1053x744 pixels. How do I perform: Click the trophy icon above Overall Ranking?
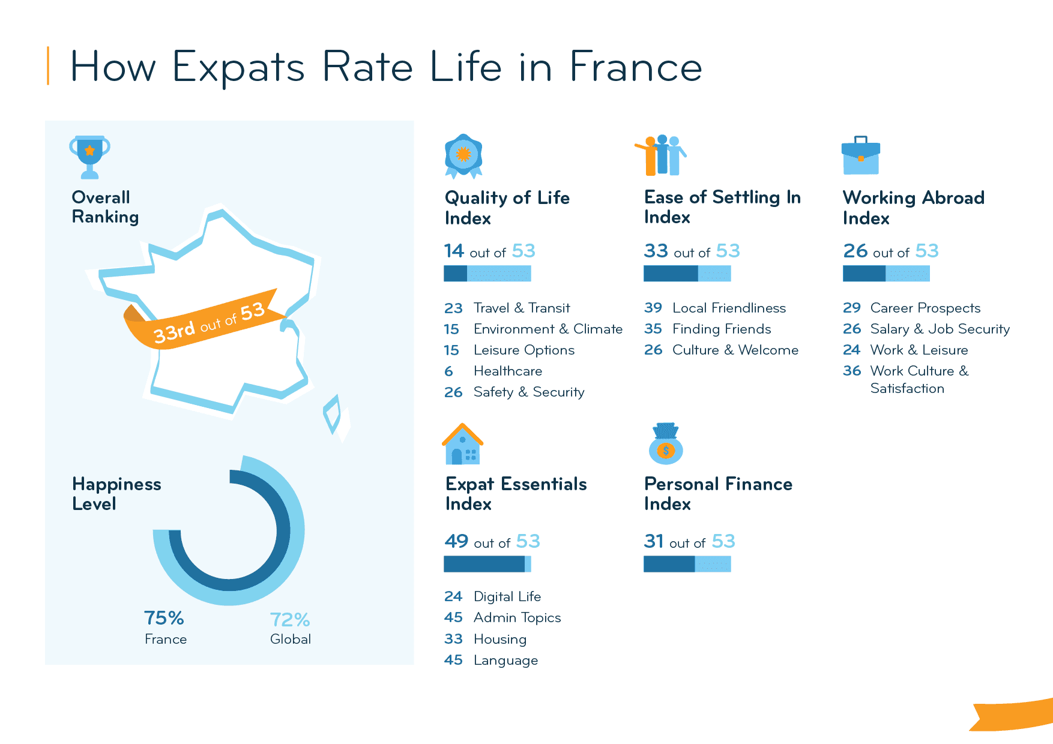coord(89,157)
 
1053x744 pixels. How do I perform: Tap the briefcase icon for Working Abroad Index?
coord(860,156)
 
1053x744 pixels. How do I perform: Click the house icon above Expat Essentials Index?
coord(462,445)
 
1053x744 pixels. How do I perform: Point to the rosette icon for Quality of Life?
coord(463,155)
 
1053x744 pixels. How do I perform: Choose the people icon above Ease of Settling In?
coord(661,155)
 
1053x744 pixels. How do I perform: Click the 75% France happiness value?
coord(164,618)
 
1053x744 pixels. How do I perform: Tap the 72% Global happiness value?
coord(289,619)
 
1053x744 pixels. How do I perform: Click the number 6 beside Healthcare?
coord(448,371)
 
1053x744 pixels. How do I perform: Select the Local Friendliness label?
coord(729,308)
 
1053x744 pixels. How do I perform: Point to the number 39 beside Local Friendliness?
coord(653,308)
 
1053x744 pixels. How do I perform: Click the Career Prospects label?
coord(925,308)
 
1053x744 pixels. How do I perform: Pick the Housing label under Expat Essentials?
coord(499,640)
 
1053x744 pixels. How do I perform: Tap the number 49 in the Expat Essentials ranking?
coord(456,541)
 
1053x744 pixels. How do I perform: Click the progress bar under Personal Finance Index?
coord(687,564)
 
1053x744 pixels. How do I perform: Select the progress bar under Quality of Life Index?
coord(487,274)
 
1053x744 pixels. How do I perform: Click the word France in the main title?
coord(635,67)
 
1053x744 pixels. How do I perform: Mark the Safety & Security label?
coord(528,392)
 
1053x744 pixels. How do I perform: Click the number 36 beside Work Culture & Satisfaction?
coord(851,371)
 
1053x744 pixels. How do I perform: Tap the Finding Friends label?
coord(722,329)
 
